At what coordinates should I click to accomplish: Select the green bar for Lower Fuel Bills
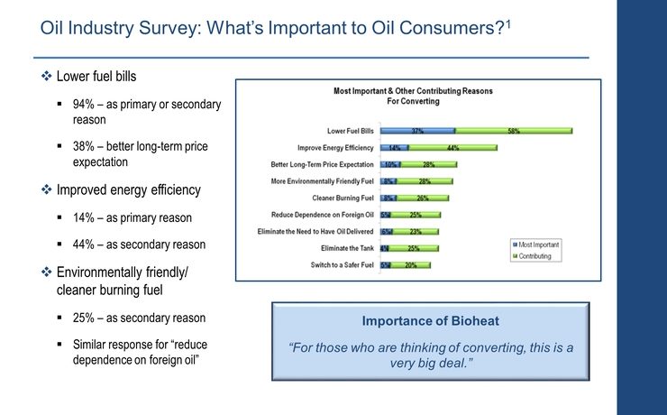tap(514, 131)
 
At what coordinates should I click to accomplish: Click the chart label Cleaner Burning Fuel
tap(344, 198)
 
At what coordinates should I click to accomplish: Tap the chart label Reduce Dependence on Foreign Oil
tap(324, 215)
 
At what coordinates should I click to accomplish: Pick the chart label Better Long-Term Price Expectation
tap(323, 164)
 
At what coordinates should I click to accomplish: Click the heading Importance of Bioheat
tap(430, 321)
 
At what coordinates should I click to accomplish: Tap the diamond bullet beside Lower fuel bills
tap(47, 77)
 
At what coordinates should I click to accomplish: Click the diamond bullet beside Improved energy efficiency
tap(47, 190)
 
